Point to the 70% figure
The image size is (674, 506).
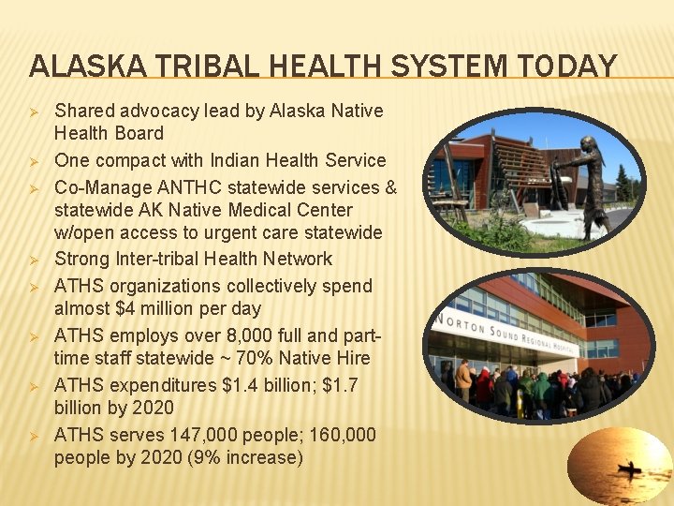tap(269, 358)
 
